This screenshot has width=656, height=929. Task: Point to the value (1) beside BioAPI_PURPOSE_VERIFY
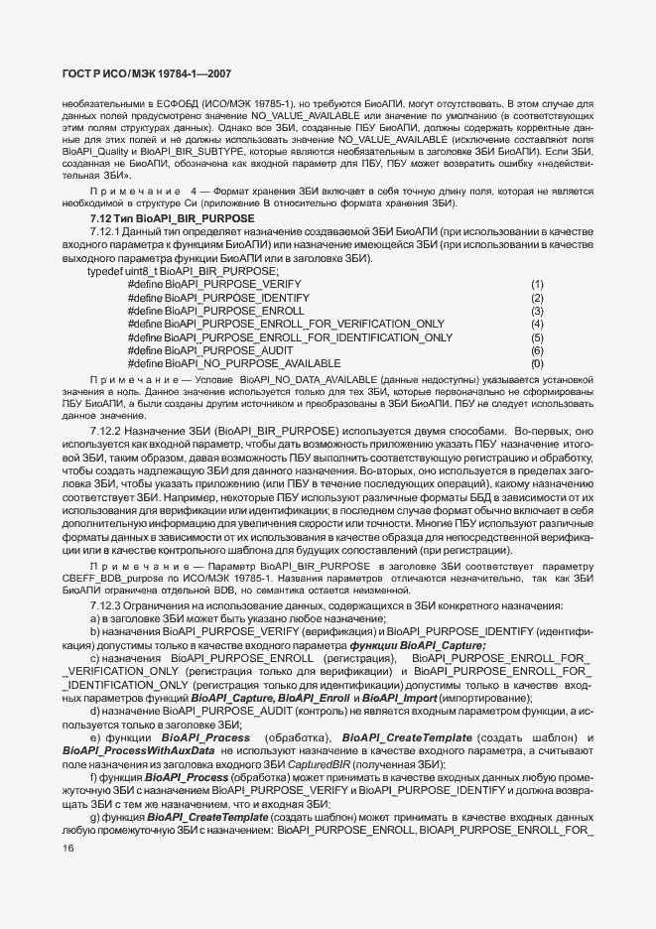point(537,285)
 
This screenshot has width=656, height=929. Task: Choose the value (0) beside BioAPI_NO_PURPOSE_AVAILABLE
point(537,364)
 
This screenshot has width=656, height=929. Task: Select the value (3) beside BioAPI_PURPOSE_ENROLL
point(537,311)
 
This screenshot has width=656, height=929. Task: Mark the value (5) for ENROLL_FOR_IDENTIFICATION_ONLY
point(537,337)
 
